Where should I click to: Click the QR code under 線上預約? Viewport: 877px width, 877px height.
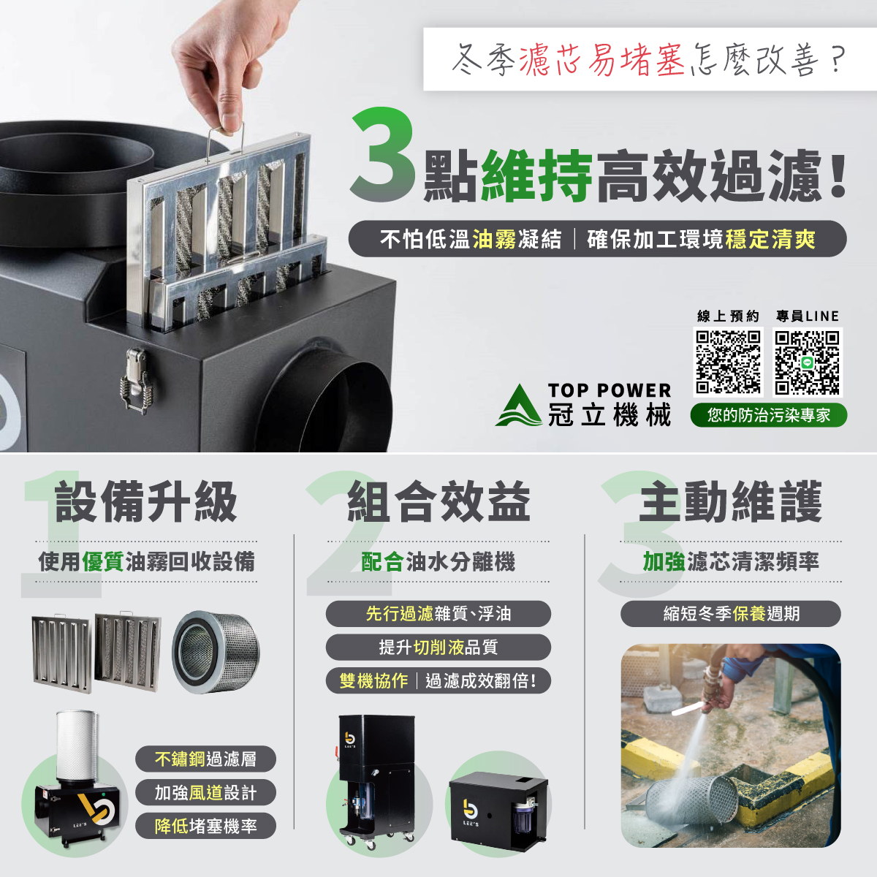coord(728,362)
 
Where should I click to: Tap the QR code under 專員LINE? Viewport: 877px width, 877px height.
coord(808,362)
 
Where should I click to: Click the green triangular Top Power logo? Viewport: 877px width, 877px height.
coord(518,405)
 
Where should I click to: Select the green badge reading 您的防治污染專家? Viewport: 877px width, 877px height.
coord(768,415)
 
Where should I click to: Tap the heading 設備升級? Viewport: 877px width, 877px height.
coord(145,502)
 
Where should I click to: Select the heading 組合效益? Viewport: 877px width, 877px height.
coord(438,502)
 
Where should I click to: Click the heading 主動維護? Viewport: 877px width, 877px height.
coord(730,502)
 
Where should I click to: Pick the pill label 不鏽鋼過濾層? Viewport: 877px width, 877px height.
coord(205,759)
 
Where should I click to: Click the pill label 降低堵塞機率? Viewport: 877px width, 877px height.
coord(205,826)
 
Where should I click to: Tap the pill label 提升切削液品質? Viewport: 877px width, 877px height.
coord(438,648)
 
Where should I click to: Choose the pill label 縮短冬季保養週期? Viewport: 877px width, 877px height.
coord(730,613)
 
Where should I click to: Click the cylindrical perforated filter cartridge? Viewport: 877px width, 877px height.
coord(216,652)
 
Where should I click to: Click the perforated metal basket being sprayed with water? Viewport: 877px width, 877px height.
coord(692,802)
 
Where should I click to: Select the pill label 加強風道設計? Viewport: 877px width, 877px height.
coord(205,792)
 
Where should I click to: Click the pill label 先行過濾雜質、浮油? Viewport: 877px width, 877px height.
coord(438,613)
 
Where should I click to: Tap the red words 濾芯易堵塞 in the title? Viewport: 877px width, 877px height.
coord(601,60)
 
